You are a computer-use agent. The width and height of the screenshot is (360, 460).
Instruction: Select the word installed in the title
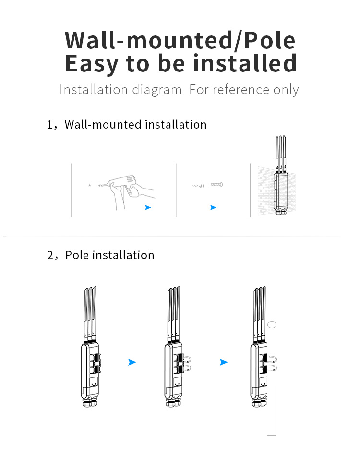pyautogui.click(x=245, y=63)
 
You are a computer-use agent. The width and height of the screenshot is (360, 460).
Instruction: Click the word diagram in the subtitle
pyautogui.click(x=157, y=90)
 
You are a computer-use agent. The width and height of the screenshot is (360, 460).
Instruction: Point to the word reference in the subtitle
pyautogui.click(x=241, y=90)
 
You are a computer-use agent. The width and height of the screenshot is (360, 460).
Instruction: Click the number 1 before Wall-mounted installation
pyautogui.click(x=49, y=125)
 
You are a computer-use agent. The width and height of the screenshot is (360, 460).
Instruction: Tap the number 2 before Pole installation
pyautogui.click(x=50, y=255)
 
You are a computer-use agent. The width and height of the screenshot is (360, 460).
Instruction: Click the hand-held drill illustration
pyautogui.click(x=129, y=191)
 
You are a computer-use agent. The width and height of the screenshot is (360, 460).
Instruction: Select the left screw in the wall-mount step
pyautogui.click(x=198, y=186)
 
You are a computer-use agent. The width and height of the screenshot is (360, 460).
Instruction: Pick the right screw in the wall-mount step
pyautogui.click(x=216, y=185)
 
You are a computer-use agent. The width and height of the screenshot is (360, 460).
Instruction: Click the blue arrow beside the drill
pyautogui.click(x=148, y=207)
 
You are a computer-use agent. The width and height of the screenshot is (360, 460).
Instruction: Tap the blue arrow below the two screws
pyautogui.click(x=213, y=207)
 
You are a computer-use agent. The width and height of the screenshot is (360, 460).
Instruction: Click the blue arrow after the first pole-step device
pyautogui.click(x=132, y=362)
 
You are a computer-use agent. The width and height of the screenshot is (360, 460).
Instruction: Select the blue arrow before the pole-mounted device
pyautogui.click(x=224, y=362)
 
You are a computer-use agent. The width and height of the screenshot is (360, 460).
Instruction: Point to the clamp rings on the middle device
pyautogui.click(x=187, y=364)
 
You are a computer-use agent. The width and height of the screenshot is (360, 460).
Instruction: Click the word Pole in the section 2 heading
pyautogui.click(x=77, y=255)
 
